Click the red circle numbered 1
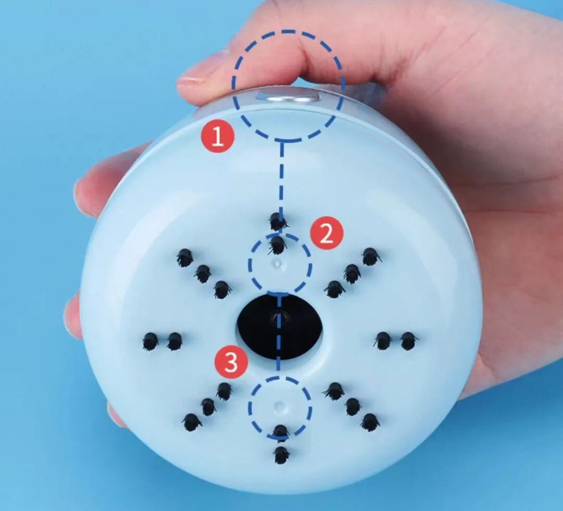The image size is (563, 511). pos(218,136)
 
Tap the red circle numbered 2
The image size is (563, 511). pos(327,234)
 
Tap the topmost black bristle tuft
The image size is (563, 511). pos(278,221)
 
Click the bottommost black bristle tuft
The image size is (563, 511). pos(281,455)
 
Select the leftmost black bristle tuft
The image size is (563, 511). pos(151,341)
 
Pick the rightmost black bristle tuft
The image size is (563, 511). pos(409,341)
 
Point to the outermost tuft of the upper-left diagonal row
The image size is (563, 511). pos(185,257)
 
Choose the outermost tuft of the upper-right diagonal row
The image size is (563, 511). pos(371,257)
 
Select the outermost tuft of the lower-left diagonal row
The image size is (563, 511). pos(191,422)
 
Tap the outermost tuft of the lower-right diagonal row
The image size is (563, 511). pos(370,422)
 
